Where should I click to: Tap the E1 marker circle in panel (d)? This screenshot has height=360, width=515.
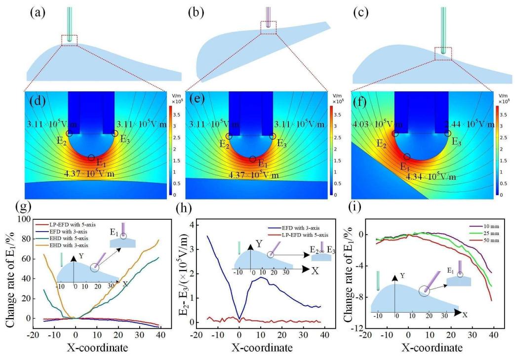[91, 158]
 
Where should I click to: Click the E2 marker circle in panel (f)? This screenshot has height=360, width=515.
[395, 133]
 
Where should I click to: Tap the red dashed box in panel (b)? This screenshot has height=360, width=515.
[269, 28]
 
